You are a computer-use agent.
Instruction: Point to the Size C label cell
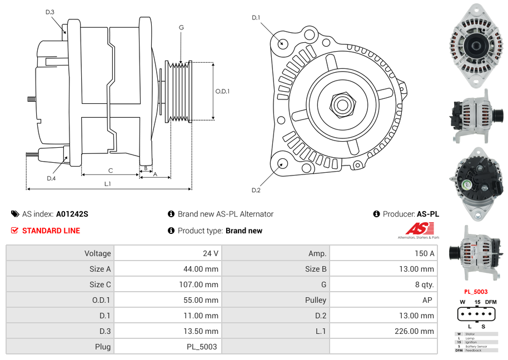[100, 284]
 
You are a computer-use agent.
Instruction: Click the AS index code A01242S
[72, 214]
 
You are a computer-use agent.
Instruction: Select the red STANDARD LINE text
[51, 231]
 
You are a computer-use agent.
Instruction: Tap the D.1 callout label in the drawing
[256, 18]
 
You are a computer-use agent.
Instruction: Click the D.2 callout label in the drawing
[256, 191]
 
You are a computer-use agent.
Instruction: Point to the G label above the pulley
[181, 27]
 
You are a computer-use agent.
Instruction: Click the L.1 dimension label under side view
[107, 183]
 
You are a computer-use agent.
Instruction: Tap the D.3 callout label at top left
[50, 12]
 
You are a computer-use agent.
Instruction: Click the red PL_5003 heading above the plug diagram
[476, 292]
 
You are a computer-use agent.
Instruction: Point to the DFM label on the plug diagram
[491, 302]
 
